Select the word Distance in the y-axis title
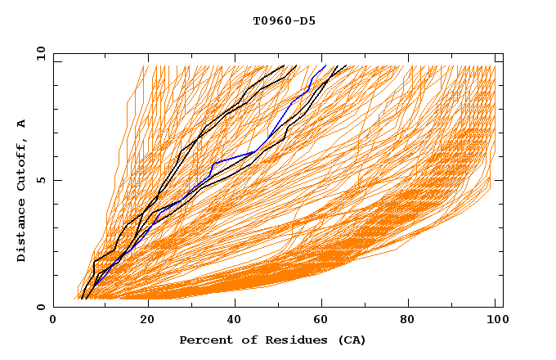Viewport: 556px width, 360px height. click(x=22, y=232)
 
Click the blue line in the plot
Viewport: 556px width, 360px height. click(x=237, y=158)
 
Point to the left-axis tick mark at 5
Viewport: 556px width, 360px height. click(x=56, y=180)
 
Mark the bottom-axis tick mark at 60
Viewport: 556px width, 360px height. click(x=325, y=304)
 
